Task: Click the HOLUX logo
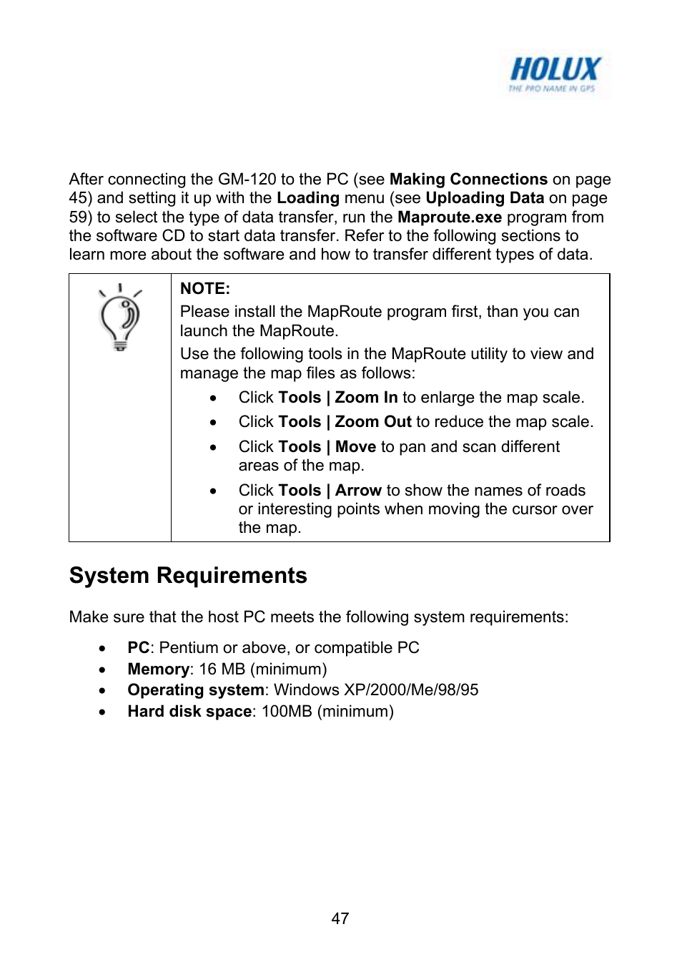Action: [554, 74]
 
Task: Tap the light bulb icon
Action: [120, 318]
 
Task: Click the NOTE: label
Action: [204, 289]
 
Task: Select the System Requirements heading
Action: [188, 576]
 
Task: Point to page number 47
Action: [340, 919]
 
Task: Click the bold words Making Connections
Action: [468, 180]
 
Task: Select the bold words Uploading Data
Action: [485, 198]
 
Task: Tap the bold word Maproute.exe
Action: [449, 217]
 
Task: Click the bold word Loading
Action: [307, 198]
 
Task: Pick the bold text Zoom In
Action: [366, 398]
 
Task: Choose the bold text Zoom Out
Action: [373, 422]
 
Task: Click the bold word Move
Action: [355, 447]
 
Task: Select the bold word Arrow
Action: [358, 491]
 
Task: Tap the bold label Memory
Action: [159, 669]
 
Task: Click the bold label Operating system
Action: [196, 690]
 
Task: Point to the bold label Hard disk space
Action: [189, 712]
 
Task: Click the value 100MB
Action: [287, 712]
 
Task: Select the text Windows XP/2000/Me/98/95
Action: [376, 690]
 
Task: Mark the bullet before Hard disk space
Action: [103, 712]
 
